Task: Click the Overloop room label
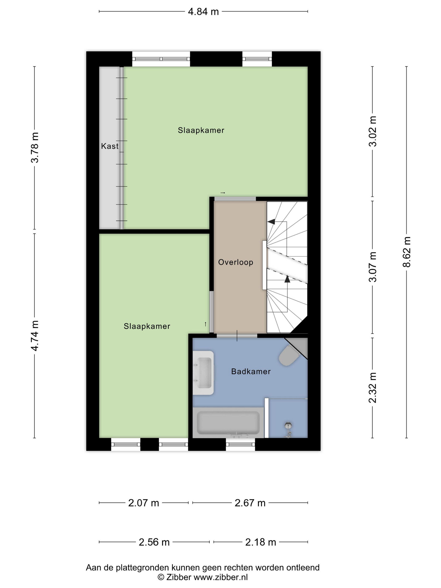[x=236, y=262]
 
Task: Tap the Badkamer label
[x=251, y=371]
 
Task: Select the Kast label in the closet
[x=110, y=146]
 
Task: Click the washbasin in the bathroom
[x=203, y=373]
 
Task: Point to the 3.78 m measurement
[x=35, y=148]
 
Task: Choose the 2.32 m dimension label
[x=373, y=388]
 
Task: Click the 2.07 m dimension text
[x=144, y=503]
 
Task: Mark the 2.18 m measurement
[x=261, y=542]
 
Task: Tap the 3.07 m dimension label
[x=373, y=267]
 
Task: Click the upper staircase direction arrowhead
[x=271, y=221]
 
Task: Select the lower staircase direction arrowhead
[x=287, y=279]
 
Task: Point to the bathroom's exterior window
[x=240, y=444]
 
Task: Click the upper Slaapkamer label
[x=201, y=130]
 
